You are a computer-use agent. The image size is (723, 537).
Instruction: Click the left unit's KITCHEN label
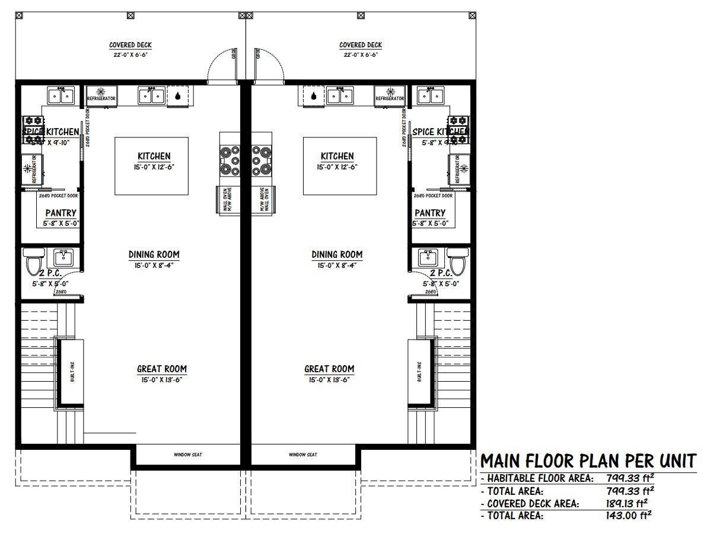154,156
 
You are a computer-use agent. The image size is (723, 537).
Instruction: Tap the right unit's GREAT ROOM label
329,369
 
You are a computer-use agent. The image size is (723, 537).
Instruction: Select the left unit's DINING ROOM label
154,254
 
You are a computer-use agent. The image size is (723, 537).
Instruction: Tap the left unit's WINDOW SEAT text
188,455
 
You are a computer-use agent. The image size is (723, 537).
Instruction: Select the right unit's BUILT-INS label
419,372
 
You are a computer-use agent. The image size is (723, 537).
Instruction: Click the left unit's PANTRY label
60,213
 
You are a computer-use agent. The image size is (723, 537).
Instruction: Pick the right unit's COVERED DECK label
360,45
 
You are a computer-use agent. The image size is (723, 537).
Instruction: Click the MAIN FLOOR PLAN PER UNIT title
588,461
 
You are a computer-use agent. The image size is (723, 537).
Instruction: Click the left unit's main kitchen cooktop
230,160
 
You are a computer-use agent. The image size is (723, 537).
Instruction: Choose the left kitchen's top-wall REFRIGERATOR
101,95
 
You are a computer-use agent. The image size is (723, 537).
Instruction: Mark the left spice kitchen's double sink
60,95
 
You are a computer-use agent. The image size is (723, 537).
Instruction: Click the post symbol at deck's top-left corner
18,15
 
